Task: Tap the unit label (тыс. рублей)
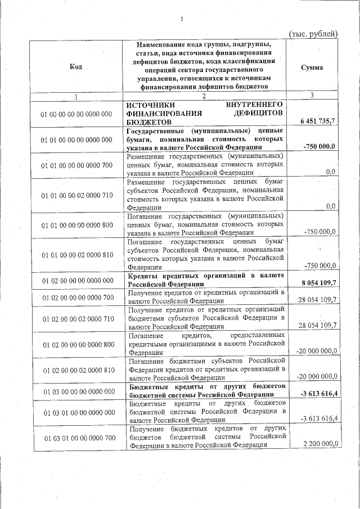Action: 313,34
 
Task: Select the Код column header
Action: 76,67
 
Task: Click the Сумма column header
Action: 312,67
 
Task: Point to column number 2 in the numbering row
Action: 204,96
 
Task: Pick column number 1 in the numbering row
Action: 75,96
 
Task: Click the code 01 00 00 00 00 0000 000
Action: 76,114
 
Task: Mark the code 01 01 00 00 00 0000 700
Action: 76,165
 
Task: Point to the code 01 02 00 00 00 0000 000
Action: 76,280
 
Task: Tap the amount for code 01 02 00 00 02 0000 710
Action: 317,325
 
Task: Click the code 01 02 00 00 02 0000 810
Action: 76,371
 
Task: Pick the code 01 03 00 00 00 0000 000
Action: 76,391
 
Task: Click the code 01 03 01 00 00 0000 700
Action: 76,438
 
